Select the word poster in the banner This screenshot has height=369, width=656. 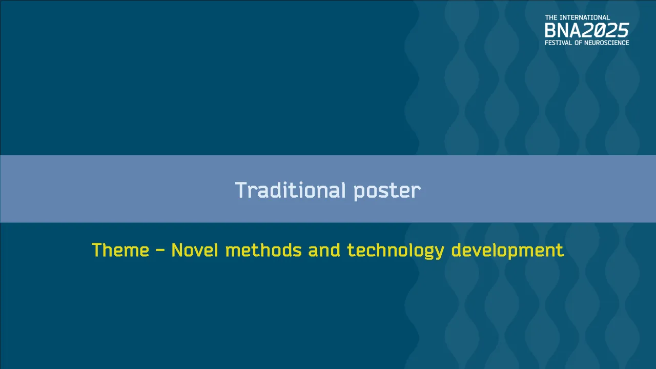pos(387,191)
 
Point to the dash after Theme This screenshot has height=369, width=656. pos(160,251)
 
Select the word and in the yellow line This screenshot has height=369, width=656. pos(324,251)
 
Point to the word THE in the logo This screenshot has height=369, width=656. pos(551,18)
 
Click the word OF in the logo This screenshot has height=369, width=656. pos(581,43)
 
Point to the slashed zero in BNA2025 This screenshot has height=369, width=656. pos(600,30)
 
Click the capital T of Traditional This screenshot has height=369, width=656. pos(240,190)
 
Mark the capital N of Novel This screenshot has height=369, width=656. pos(177,251)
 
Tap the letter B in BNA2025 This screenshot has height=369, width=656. pos(550,30)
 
